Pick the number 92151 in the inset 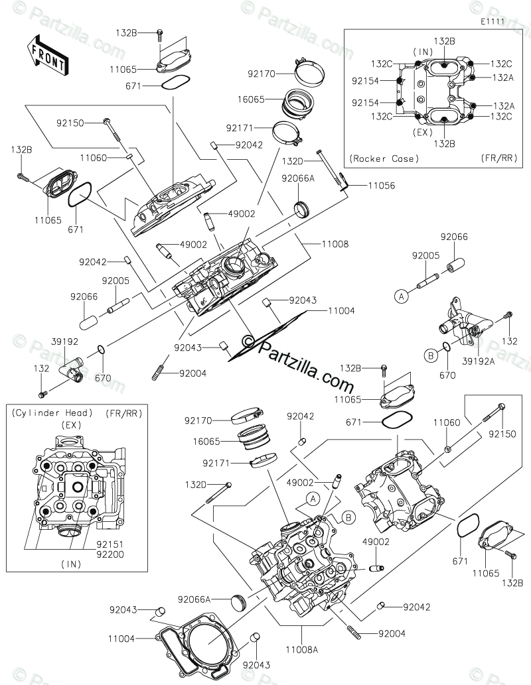(110, 542)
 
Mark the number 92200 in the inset (110, 553)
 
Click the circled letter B (430, 355)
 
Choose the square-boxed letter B (347, 517)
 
